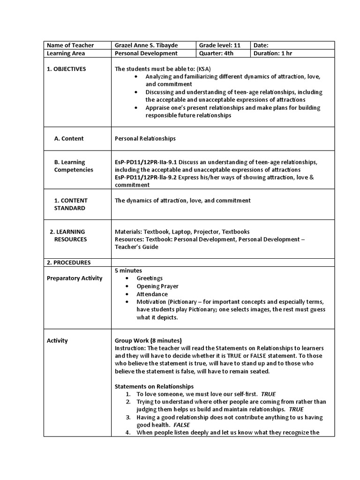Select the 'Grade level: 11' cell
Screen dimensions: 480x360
(220, 45)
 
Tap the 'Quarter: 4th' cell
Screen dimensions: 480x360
(216, 53)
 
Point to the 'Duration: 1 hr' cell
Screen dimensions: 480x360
(273, 53)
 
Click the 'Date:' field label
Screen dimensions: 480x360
(261, 45)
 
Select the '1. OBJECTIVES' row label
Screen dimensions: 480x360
(67, 69)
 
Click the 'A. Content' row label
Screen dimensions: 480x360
(69, 138)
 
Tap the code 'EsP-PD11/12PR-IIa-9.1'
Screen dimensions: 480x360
(147, 162)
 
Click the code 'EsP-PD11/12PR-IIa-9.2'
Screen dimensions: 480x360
(147, 178)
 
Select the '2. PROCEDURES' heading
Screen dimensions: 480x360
(69, 262)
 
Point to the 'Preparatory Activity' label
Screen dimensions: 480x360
(75, 278)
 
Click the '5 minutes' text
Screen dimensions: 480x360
(128, 270)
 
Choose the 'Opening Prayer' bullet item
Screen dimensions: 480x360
(157, 286)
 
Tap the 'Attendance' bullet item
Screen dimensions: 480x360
(152, 294)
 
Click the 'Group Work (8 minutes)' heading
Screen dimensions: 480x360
(148, 340)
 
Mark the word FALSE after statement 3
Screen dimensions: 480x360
(181, 425)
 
